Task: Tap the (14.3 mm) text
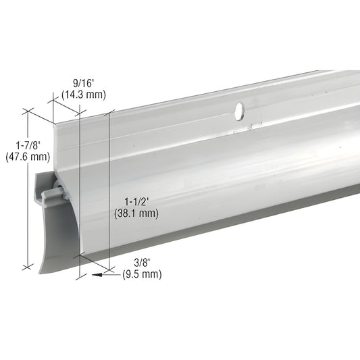[84, 95]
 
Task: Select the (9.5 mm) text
[142, 274]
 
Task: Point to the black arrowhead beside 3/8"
[101, 275]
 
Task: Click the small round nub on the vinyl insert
[48, 195]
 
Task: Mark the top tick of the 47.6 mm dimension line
[27, 110]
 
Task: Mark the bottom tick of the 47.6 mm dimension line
[27, 267]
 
